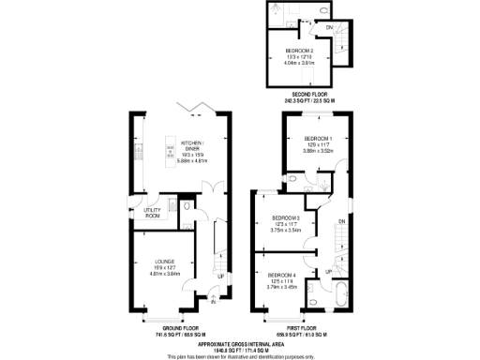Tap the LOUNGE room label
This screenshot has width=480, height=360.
(165, 262)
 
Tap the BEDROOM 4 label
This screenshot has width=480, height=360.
(280, 274)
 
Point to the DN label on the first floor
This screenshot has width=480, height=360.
(342, 221)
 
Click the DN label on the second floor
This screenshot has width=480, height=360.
(329, 28)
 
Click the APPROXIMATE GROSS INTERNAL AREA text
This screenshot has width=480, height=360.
(239, 342)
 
